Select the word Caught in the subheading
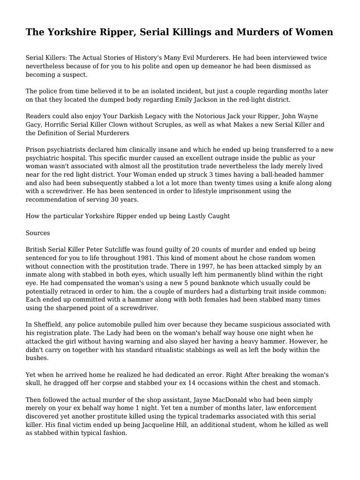[217, 217]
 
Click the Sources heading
[37, 232]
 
